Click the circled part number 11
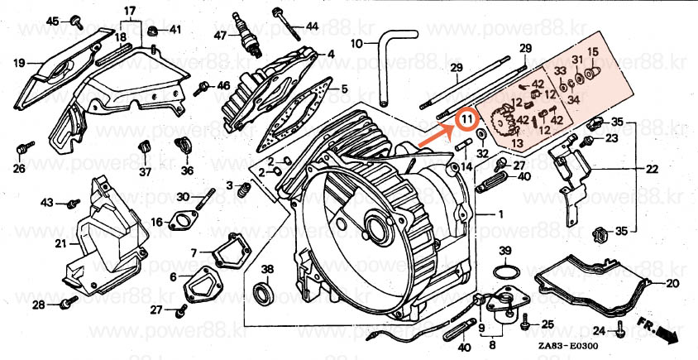tap(468, 120)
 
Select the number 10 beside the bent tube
tap(356, 44)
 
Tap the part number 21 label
tap(60, 243)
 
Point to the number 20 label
tap(672, 283)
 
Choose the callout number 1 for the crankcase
tap(499, 214)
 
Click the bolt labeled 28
tap(65, 305)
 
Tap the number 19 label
tap(20, 61)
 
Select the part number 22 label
tap(652, 170)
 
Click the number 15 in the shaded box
tap(591, 55)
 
